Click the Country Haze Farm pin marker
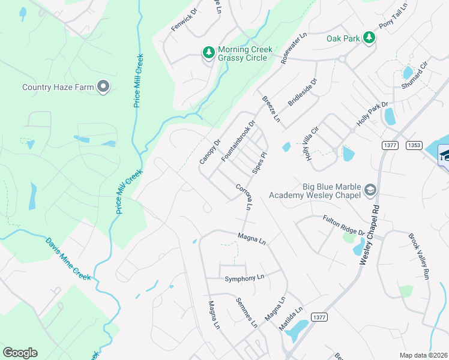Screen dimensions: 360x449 coord(103,87)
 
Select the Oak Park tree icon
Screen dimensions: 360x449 coord(370,38)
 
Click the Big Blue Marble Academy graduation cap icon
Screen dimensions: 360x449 coord(370,191)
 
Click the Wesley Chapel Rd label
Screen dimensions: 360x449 coord(370,233)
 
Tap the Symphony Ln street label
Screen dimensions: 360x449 coord(244,278)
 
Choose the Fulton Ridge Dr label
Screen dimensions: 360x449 coord(344,225)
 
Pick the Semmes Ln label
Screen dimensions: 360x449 coord(246,313)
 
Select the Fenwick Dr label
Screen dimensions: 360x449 coord(184,20)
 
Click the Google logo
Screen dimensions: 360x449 coord(20,352)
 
